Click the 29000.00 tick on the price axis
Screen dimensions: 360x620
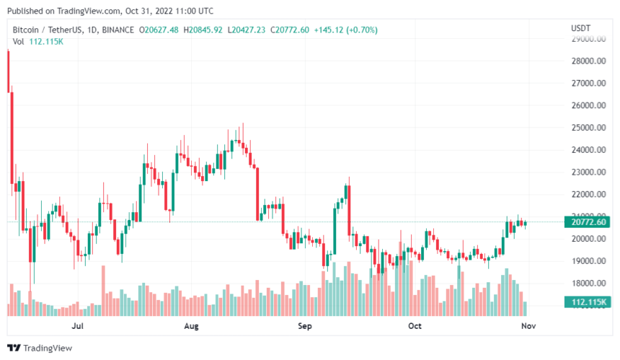point(587,39)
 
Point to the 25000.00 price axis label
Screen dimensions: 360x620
point(587,128)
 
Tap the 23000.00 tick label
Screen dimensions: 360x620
point(587,172)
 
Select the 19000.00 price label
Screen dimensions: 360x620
point(587,261)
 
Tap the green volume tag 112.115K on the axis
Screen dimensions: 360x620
point(587,302)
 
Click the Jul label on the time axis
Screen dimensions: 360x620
point(79,326)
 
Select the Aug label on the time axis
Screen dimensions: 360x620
point(191,326)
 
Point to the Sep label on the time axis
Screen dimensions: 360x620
point(305,326)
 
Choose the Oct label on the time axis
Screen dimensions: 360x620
point(415,326)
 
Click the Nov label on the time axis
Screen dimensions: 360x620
point(528,326)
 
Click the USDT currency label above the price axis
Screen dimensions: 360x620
point(580,27)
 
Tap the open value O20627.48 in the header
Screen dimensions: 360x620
point(164,30)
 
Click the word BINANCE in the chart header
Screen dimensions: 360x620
point(118,30)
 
